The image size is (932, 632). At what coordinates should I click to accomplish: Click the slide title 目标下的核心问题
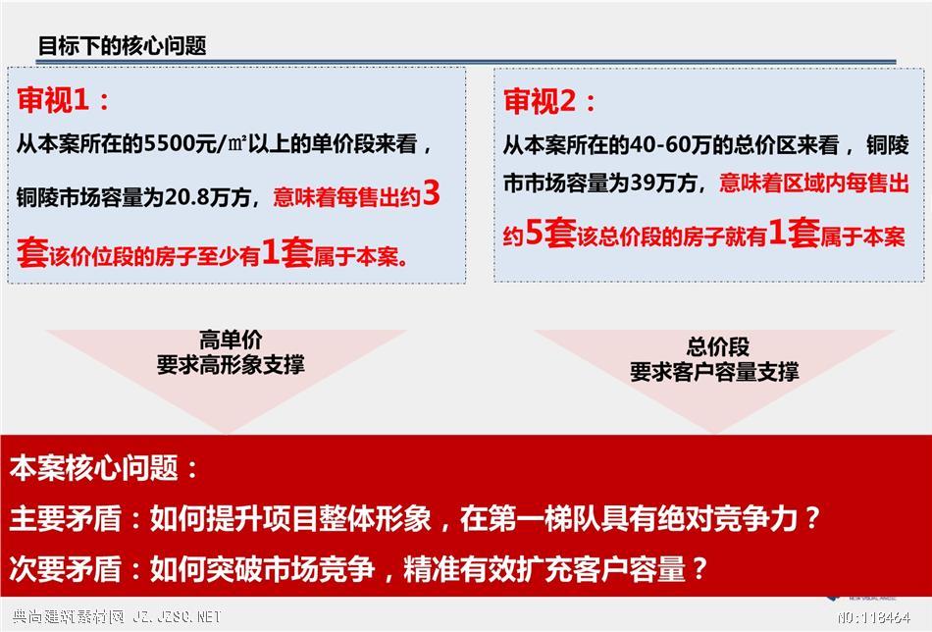[123, 46]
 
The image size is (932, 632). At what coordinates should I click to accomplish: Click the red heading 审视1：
[64, 99]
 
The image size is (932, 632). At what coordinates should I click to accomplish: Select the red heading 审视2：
[549, 100]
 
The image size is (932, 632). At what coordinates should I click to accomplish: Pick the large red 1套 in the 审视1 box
[287, 252]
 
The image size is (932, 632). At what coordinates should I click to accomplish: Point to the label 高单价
[231, 341]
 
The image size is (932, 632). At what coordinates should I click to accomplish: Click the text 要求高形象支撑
[231, 364]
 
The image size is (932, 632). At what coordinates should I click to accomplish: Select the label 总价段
[717, 346]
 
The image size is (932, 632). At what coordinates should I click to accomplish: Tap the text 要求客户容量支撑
[714, 372]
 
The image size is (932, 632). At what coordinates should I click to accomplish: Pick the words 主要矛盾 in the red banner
[66, 518]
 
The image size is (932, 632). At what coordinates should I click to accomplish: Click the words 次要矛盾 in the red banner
[66, 568]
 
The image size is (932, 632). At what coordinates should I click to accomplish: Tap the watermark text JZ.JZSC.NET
[177, 617]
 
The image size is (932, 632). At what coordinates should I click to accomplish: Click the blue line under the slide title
[467, 62]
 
